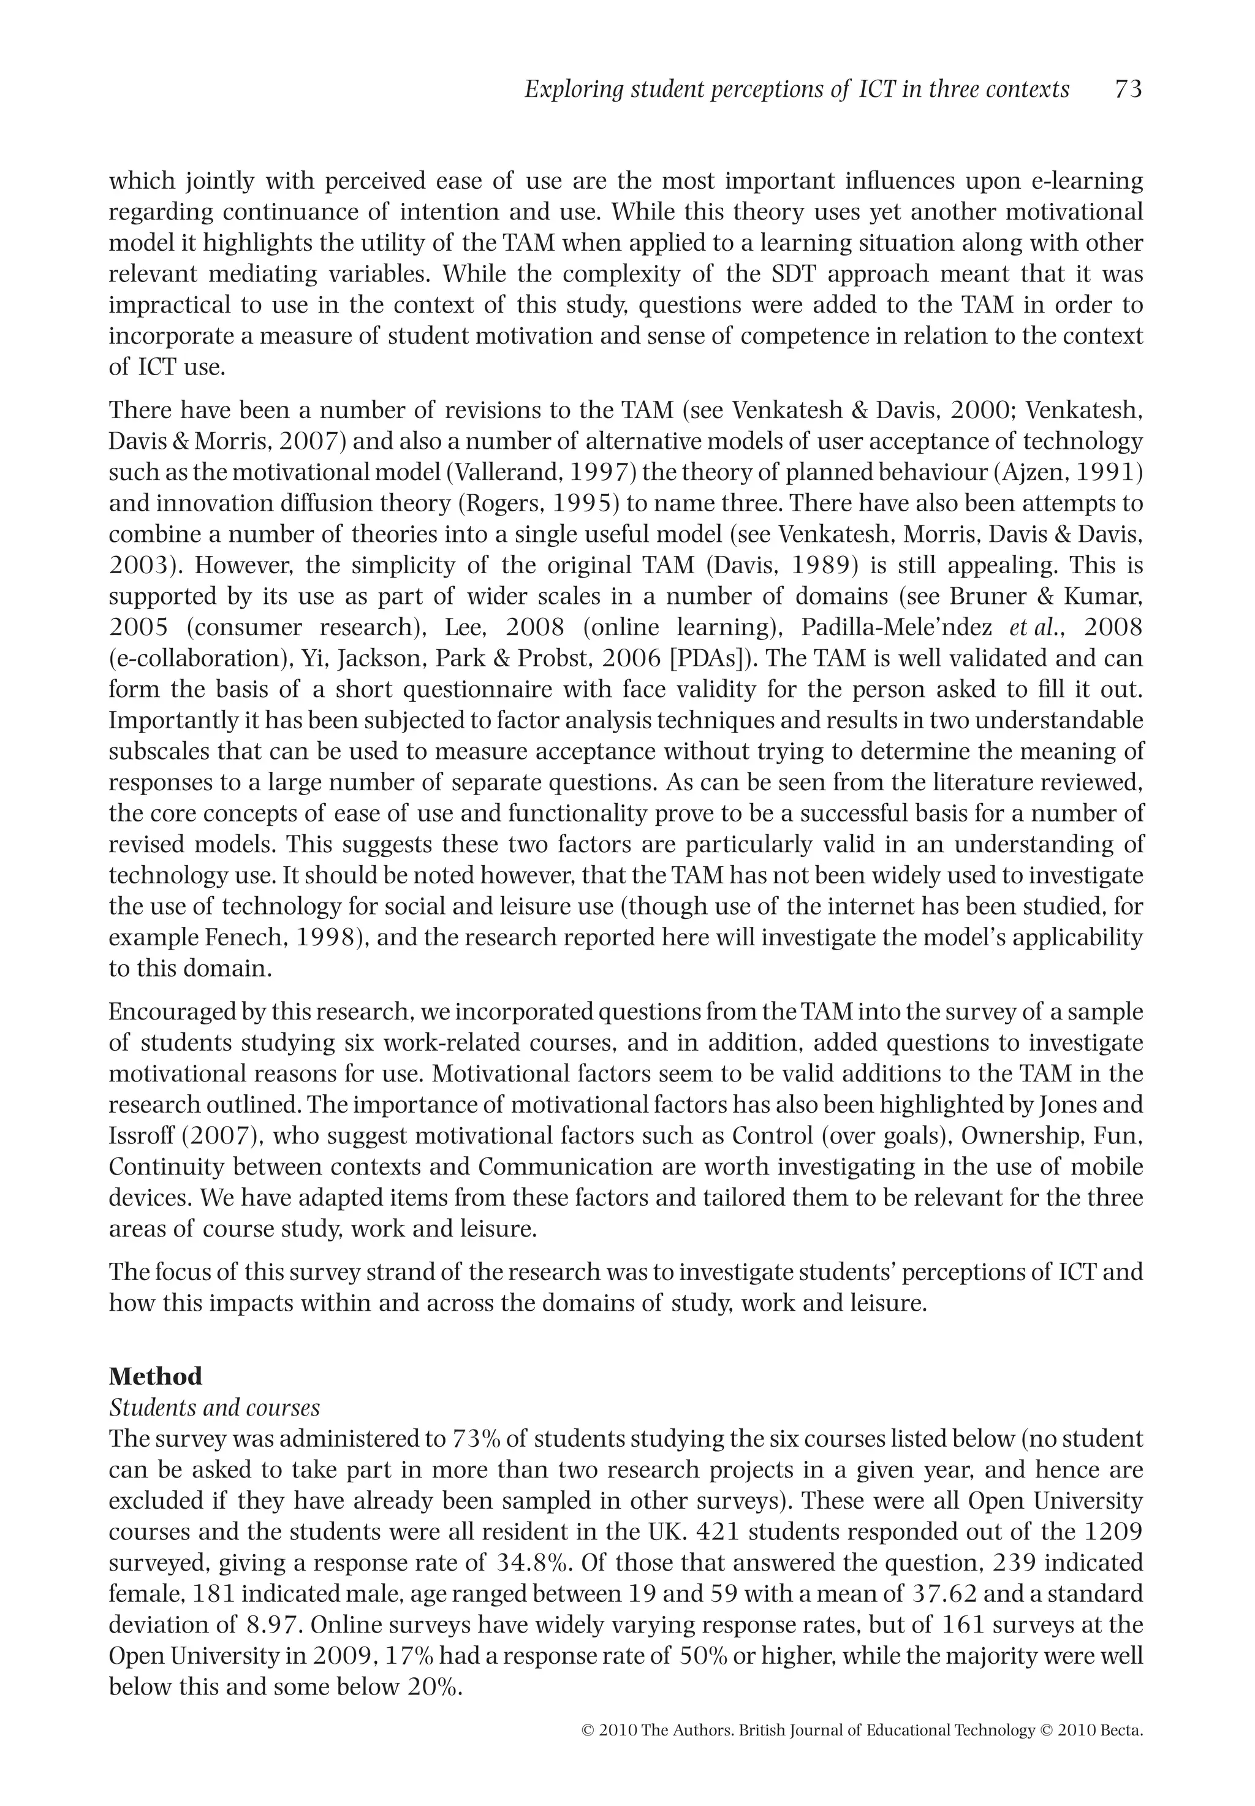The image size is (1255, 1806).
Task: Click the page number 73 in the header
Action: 1128,90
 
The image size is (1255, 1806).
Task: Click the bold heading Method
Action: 155,1376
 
